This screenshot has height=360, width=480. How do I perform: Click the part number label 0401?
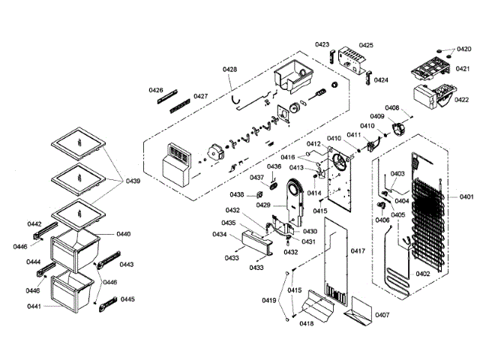point(466,196)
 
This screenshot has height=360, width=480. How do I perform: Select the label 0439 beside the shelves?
point(132,181)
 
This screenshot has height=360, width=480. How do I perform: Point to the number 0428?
point(230,70)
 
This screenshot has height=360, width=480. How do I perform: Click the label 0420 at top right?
point(464,49)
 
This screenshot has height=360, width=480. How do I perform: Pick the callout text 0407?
point(382,314)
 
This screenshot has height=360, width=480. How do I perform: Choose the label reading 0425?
point(366,45)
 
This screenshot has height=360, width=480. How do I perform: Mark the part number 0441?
point(35,306)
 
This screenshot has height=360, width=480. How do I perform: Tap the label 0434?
point(219,235)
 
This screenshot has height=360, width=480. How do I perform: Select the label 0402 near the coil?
point(423,274)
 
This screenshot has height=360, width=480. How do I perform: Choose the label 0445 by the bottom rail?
point(127,299)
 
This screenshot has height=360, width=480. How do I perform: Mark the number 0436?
point(274,166)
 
